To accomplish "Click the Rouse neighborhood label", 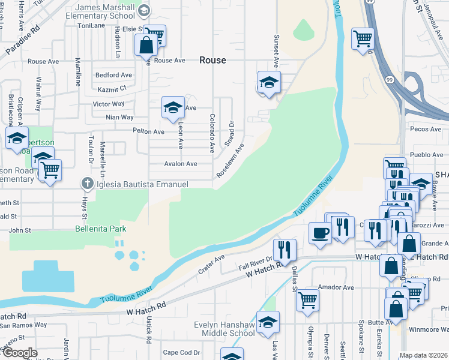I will coord(212,60).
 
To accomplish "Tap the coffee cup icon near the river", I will coord(320,232).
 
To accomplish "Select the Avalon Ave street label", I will coord(180,164).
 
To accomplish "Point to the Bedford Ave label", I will coord(113,76).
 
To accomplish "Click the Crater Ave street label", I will coord(211,264).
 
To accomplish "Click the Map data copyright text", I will coord(423,355).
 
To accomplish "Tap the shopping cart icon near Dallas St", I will coord(307,299).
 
